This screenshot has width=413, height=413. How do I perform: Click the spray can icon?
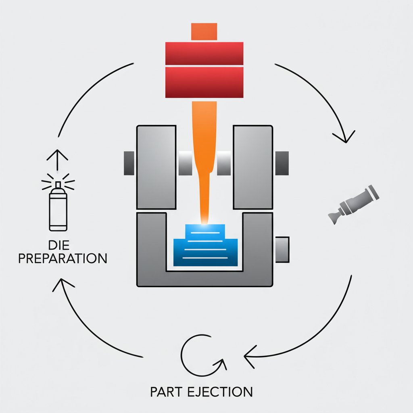(x=58, y=210)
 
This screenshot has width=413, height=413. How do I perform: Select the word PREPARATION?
(x=63, y=258)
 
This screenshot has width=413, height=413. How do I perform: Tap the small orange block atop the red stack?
(x=204, y=32)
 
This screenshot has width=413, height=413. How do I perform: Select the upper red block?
(x=204, y=53)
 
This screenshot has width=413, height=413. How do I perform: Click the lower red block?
(x=204, y=82)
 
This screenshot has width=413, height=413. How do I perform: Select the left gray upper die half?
(x=156, y=167)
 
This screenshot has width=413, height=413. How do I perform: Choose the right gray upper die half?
(x=253, y=167)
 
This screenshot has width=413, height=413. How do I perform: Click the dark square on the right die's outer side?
(x=282, y=163)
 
